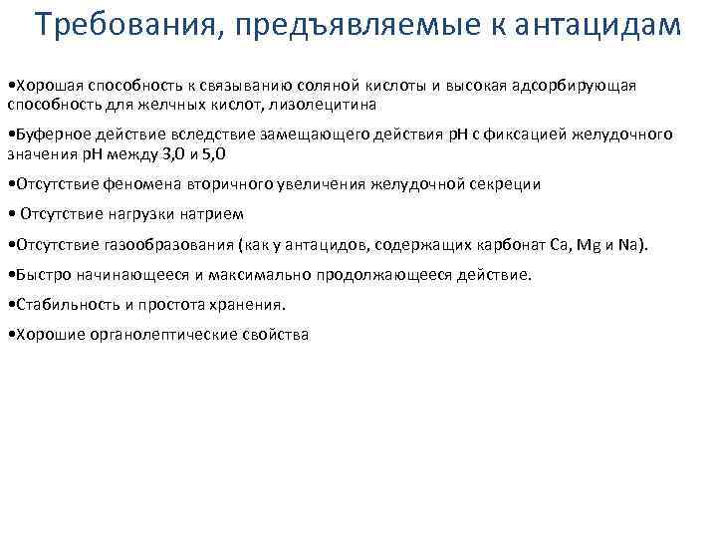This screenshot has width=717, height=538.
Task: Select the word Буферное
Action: coord(44,134)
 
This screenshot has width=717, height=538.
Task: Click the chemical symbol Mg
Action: coord(592,244)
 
